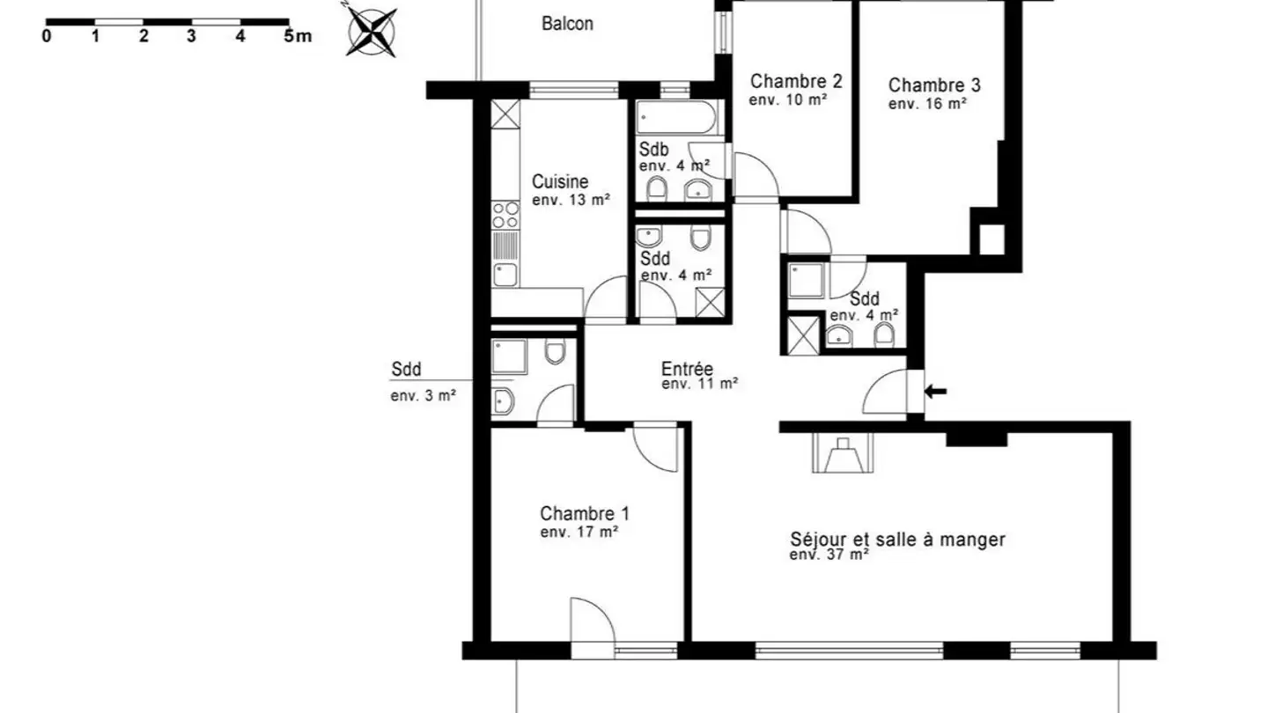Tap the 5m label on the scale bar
[x=298, y=37]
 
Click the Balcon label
[x=567, y=24]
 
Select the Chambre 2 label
[x=796, y=82]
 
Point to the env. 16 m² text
[x=927, y=104]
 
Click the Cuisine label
[x=560, y=182]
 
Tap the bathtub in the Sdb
[x=678, y=118]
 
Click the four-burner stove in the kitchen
[x=505, y=216]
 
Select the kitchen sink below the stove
[x=505, y=275]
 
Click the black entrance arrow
[x=935, y=391]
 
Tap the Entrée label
[x=687, y=369]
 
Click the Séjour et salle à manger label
[x=897, y=540]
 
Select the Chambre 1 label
[x=584, y=513]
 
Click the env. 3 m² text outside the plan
[x=423, y=396]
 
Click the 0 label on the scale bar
[x=47, y=37]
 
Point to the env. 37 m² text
[x=829, y=555]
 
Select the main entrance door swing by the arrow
[x=886, y=393]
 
